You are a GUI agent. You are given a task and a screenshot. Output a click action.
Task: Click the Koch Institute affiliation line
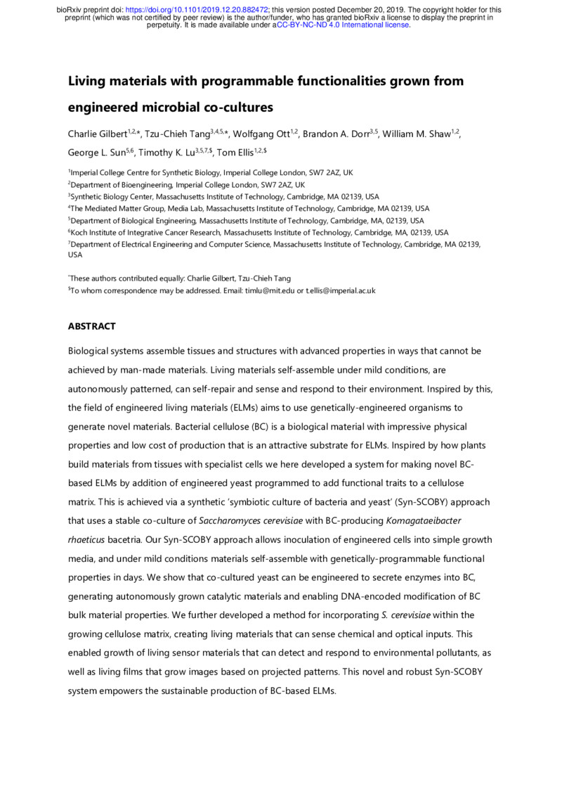[260, 232]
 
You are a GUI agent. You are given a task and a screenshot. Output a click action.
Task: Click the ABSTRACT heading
[91, 327]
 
